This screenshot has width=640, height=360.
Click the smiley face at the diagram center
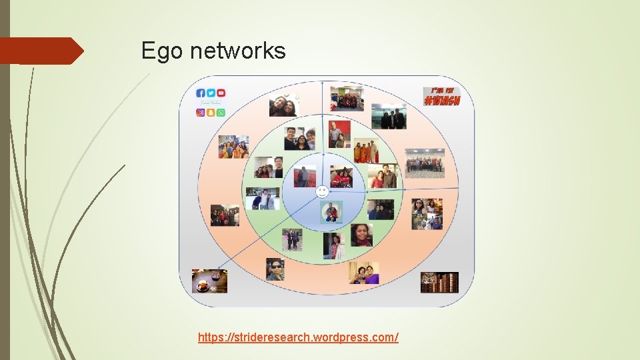click(x=322, y=192)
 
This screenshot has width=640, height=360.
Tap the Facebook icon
click(x=201, y=93)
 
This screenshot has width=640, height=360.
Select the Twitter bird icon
click(x=211, y=93)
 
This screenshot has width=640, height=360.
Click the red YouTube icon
click(x=221, y=93)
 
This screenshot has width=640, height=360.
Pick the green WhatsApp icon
click(x=221, y=113)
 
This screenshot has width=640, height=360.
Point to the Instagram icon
click(x=201, y=113)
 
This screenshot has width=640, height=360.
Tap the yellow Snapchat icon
click(x=211, y=113)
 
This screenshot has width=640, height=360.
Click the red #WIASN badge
click(x=441, y=96)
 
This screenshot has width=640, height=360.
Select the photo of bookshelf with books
click(x=439, y=282)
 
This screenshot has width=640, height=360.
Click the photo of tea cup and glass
click(x=209, y=281)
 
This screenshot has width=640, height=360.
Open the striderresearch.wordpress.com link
click(x=298, y=337)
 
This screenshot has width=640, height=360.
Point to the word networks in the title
click(x=238, y=51)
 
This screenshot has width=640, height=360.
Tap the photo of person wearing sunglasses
click(x=275, y=269)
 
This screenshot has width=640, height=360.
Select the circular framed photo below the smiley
click(x=331, y=212)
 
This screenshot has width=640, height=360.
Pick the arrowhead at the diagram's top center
click(x=323, y=83)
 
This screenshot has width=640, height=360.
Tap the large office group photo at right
click(x=425, y=163)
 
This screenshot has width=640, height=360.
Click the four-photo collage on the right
click(x=427, y=214)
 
